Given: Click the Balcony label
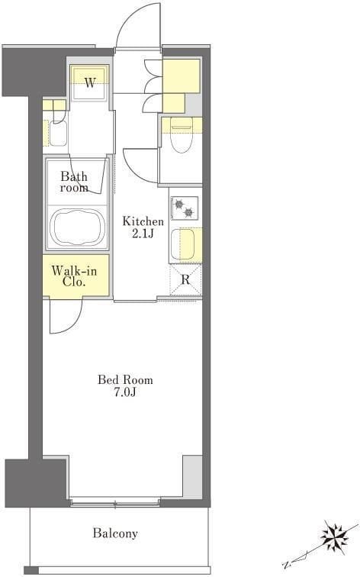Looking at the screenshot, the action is pyautogui.click(x=115, y=533).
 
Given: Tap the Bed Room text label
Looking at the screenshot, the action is pyautogui.click(x=125, y=380).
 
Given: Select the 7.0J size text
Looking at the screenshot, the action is pyautogui.click(x=125, y=392).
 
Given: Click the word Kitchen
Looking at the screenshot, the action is pyautogui.click(x=143, y=221).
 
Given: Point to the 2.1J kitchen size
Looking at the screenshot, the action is pyautogui.click(x=143, y=234).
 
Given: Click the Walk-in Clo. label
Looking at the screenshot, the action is pyautogui.click(x=74, y=276).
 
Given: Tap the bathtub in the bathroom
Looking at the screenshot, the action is pyautogui.click(x=77, y=227).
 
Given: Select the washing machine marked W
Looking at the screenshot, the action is pyautogui.click(x=90, y=83).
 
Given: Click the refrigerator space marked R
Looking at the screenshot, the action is pyautogui.click(x=185, y=279).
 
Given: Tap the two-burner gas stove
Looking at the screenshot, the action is pyautogui.click(x=185, y=208).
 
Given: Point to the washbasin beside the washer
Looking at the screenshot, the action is pyautogui.click(x=58, y=133).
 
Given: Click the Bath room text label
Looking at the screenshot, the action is pyautogui.click(x=74, y=182).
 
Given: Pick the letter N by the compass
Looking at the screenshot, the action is pyautogui.click(x=286, y=564).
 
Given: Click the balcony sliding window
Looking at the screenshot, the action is pyautogui.click(x=115, y=501).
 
